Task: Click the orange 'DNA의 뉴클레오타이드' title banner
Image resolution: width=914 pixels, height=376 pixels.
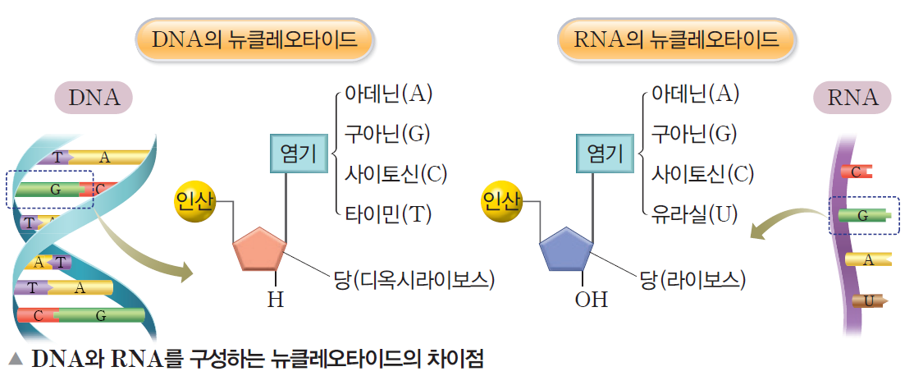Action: tap(254, 39)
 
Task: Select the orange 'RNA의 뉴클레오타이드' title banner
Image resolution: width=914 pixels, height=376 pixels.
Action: tap(677, 39)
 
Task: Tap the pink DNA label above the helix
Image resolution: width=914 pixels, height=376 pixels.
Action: tap(94, 98)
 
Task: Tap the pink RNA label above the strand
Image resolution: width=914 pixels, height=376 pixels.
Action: tap(852, 98)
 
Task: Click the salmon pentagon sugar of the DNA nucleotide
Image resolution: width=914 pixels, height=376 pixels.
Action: tap(259, 250)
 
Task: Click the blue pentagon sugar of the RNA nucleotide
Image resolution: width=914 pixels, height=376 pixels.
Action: tap(566, 250)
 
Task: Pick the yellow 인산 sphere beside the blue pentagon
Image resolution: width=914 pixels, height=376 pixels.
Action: tap(501, 202)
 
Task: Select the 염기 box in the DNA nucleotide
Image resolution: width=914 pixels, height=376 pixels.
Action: tap(299, 154)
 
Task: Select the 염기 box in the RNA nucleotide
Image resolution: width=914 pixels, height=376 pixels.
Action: tap(606, 154)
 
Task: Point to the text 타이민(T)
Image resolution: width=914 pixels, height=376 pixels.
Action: tap(387, 214)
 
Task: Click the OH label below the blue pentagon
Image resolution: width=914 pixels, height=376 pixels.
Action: tap(591, 300)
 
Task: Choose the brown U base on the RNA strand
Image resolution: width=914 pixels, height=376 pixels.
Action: tap(871, 300)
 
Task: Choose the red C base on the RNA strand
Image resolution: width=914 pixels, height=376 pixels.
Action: tap(857, 172)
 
